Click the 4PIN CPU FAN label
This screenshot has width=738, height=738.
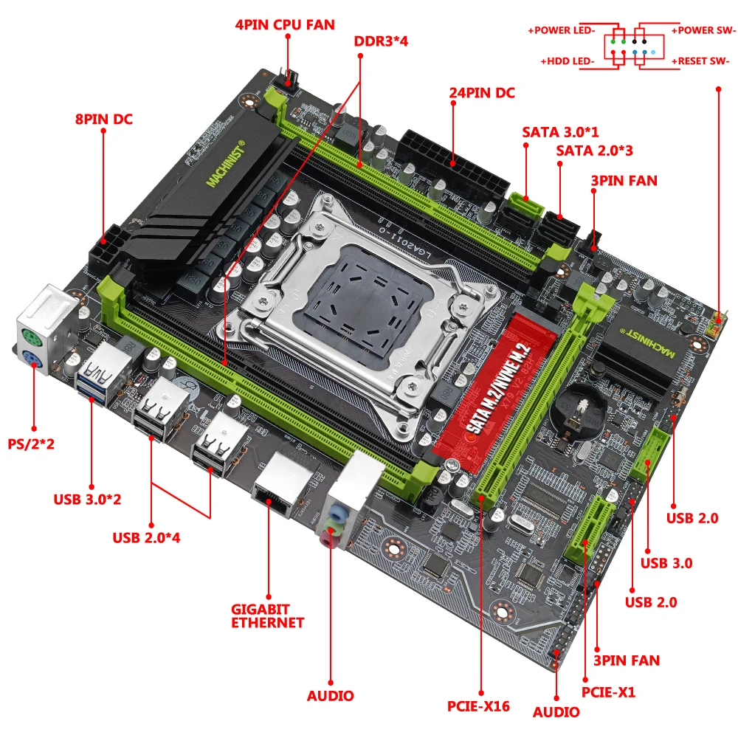point(285,24)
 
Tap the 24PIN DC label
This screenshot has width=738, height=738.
point(482,93)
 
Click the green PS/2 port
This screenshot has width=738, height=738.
point(32,339)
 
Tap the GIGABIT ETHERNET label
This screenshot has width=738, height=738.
point(267,616)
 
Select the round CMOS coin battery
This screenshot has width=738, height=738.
point(579,406)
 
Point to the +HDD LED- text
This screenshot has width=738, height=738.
point(567,61)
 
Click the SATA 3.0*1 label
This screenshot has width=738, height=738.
point(560,132)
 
